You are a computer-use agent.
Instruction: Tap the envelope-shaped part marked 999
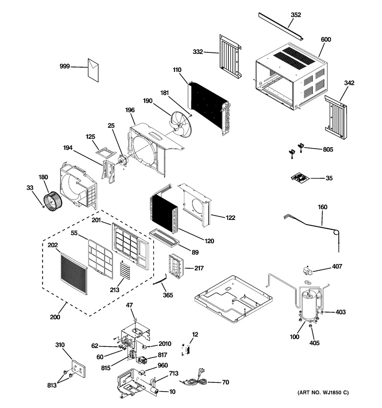(x=94, y=70)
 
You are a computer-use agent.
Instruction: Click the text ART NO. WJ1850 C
(x=323, y=393)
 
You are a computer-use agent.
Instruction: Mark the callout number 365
(x=167, y=295)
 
